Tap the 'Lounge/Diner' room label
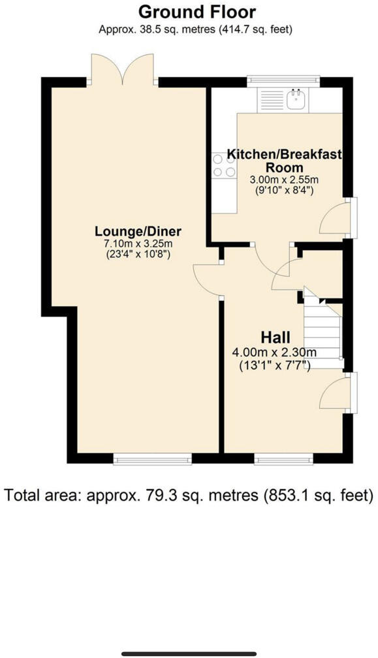pos(138,232)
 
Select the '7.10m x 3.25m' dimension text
pos(138,243)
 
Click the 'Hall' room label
pos(276,337)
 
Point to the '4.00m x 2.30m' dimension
pos(274,352)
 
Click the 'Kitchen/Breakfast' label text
pos(284,154)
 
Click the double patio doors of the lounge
pos(123,70)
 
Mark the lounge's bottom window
pos(153,460)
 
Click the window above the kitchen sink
pos(283,81)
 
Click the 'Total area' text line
pos(189,495)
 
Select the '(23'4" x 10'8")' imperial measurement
pos(138,255)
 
